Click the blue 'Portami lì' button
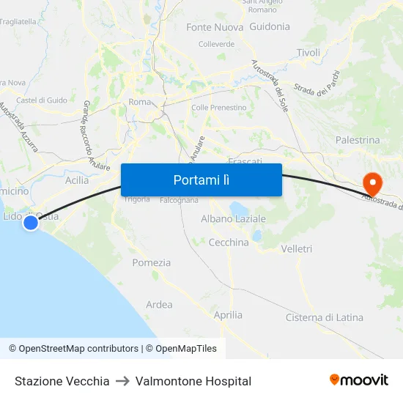201,180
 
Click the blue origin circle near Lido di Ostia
31,222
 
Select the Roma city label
138,102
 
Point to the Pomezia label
152,262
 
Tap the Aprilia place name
228,315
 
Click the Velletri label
297,249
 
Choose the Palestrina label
358,139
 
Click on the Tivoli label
308,53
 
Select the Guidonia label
270,26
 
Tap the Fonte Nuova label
210,27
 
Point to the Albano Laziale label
233,218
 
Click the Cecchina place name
229,242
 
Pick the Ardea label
159,305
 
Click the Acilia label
77,180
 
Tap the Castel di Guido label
42,100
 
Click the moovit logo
359,380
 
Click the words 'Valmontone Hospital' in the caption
193,381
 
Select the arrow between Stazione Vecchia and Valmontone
122,381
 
